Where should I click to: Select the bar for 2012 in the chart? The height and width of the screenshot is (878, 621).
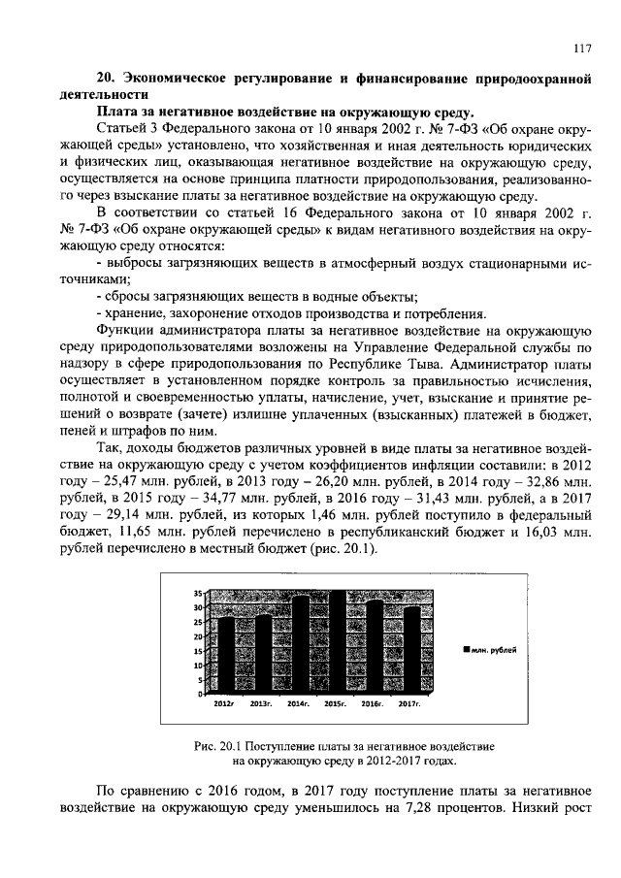pos(225,655)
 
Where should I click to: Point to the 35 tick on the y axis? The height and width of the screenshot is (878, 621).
pos(198,592)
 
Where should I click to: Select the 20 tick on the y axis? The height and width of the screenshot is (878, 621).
pos(198,636)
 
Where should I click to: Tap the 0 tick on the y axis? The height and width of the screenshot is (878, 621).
pos(200,695)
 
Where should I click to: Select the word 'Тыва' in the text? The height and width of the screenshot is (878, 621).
pos(420,364)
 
